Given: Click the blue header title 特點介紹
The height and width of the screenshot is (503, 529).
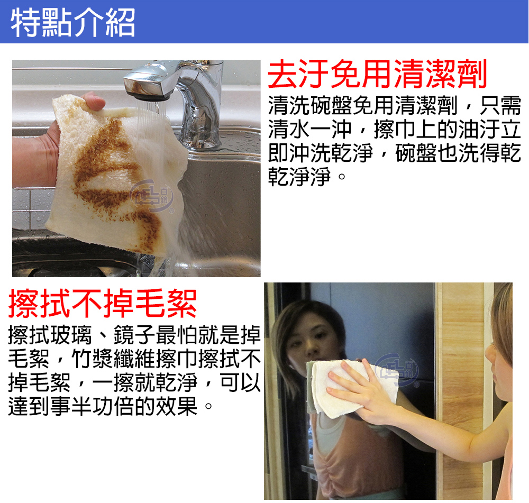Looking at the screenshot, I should (x=72, y=22).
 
